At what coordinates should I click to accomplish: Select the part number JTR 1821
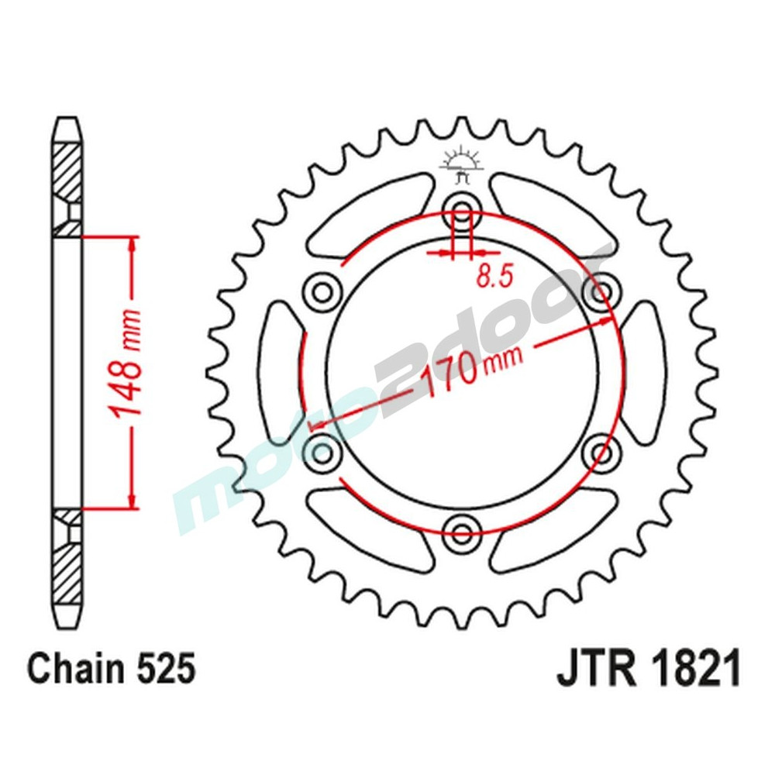[x=648, y=668]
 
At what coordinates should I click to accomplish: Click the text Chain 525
[x=110, y=668]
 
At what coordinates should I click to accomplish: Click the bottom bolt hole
[x=463, y=532]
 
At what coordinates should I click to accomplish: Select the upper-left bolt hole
[x=322, y=291]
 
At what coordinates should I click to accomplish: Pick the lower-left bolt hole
[x=322, y=450]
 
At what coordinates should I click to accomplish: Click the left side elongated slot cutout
[x=280, y=370]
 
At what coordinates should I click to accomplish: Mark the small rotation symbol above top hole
[x=463, y=164]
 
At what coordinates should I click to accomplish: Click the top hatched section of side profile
[x=67, y=172]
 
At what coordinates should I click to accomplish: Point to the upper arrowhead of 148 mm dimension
[x=135, y=245]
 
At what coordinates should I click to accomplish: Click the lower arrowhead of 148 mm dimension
[x=135, y=500]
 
